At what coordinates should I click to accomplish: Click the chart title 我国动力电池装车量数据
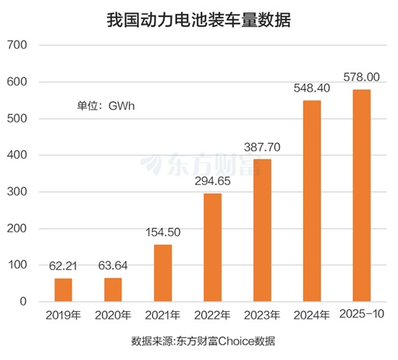click(x=198, y=19)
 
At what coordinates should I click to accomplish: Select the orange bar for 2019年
click(x=63, y=289)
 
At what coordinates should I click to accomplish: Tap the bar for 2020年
click(x=113, y=289)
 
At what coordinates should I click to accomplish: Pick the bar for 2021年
click(x=162, y=273)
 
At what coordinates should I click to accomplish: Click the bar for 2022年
click(x=212, y=247)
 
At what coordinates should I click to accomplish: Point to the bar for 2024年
click(x=312, y=201)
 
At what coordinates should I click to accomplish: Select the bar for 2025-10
click(x=361, y=195)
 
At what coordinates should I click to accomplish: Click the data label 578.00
click(x=361, y=77)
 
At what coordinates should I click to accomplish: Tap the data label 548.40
click(x=312, y=88)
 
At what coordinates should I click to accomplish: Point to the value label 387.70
click(x=262, y=147)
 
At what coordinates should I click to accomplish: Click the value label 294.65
click(x=212, y=181)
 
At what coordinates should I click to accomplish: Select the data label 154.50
click(x=162, y=232)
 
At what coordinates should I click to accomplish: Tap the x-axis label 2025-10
click(x=361, y=314)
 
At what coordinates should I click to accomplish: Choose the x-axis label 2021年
click(x=162, y=315)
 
